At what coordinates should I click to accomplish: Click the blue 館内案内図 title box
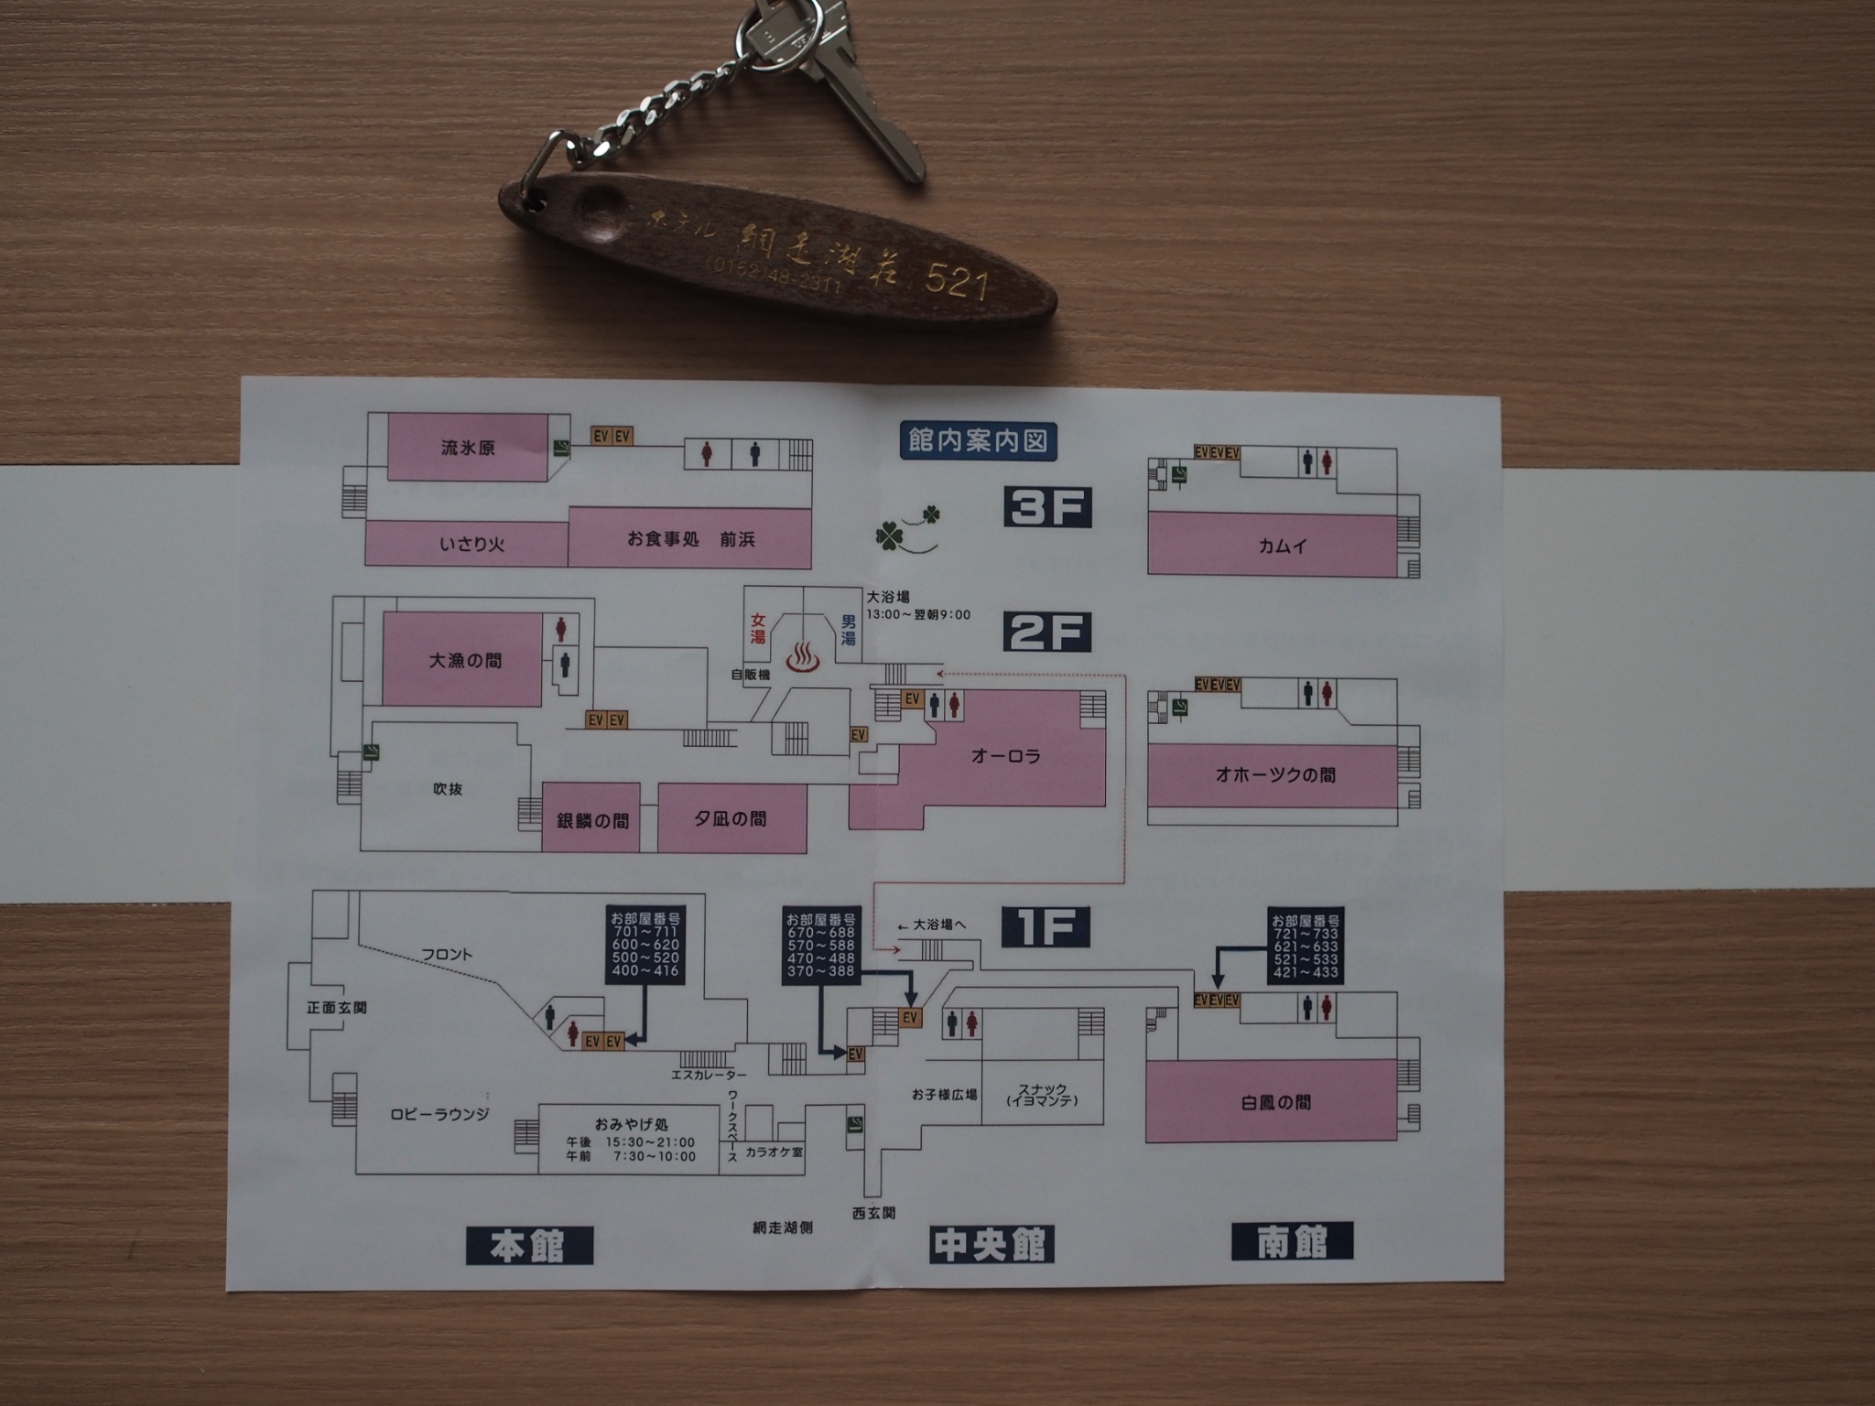click(x=977, y=441)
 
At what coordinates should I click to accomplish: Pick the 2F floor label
click(x=1048, y=631)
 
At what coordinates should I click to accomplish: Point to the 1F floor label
click(x=1046, y=926)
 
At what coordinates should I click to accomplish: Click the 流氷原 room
click(x=468, y=448)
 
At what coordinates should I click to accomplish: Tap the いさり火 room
click(x=471, y=544)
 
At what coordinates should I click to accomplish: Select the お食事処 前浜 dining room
click(x=690, y=539)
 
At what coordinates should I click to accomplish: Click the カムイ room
click(x=1282, y=546)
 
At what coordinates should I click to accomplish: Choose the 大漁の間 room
click(x=464, y=660)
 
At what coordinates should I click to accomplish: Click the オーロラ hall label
click(x=1005, y=756)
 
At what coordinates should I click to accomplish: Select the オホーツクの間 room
click(x=1274, y=775)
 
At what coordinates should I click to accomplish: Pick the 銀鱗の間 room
click(x=591, y=820)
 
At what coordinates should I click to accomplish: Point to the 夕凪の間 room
click(x=731, y=818)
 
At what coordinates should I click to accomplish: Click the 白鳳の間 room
click(x=1274, y=1102)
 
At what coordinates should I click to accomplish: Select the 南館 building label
click(x=1292, y=1243)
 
